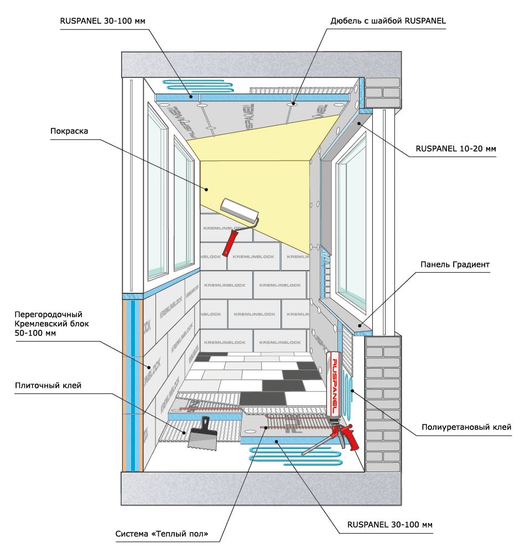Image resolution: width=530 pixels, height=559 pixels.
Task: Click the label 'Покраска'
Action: [x=69, y=131]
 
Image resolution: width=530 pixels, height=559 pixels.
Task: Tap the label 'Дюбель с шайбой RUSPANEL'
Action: [x=388, y=20]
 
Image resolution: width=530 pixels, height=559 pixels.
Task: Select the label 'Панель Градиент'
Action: [x=455, y=265]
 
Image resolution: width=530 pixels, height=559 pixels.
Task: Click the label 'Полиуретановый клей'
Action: [x=466, y=427]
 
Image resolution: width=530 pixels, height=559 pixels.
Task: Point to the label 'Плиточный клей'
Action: [x=48, y=385]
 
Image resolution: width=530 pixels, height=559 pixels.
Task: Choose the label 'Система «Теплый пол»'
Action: [x=162, y=534]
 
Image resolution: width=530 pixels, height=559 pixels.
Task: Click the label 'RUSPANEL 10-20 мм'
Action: [x=456, y=149]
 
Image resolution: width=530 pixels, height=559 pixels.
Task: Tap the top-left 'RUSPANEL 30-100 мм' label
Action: [x=103, y=20]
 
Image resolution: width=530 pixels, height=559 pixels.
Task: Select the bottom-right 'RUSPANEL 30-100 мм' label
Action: [x=390, y=525]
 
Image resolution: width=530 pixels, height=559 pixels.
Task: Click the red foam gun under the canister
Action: [x=340, y=435]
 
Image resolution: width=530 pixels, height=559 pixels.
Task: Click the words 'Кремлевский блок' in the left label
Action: [x=51, y=324]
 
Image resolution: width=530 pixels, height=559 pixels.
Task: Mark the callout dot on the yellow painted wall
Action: [x=206, y=190]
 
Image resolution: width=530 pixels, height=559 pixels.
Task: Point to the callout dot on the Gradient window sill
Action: [x=360, y=325]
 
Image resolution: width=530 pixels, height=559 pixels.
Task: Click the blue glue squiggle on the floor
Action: [x=295, y=456]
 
